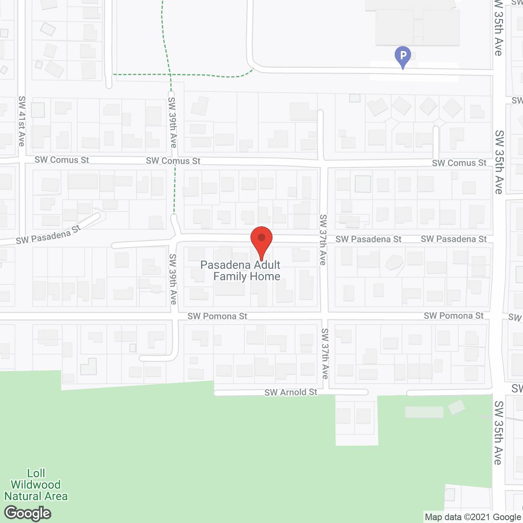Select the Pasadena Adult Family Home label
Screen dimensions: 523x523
241,270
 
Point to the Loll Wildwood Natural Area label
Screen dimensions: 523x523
36,485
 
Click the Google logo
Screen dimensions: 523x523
28,513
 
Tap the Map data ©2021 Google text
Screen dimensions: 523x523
473,517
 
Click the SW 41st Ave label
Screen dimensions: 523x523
22,121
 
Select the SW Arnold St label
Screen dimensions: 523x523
291,392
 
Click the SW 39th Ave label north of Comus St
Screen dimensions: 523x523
172,122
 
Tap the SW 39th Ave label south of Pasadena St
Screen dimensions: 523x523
173,279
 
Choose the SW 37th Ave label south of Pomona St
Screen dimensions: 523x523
325,353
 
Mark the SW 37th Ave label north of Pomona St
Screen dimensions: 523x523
323,239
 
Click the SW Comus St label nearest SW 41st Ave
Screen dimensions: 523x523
62,160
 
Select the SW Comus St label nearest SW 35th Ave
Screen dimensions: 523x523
459,163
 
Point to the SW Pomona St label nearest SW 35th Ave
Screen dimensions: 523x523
454,315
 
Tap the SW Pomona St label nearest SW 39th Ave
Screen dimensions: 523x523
217,316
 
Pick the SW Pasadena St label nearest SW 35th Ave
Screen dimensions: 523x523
454,239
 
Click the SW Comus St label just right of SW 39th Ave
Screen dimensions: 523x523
173,161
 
